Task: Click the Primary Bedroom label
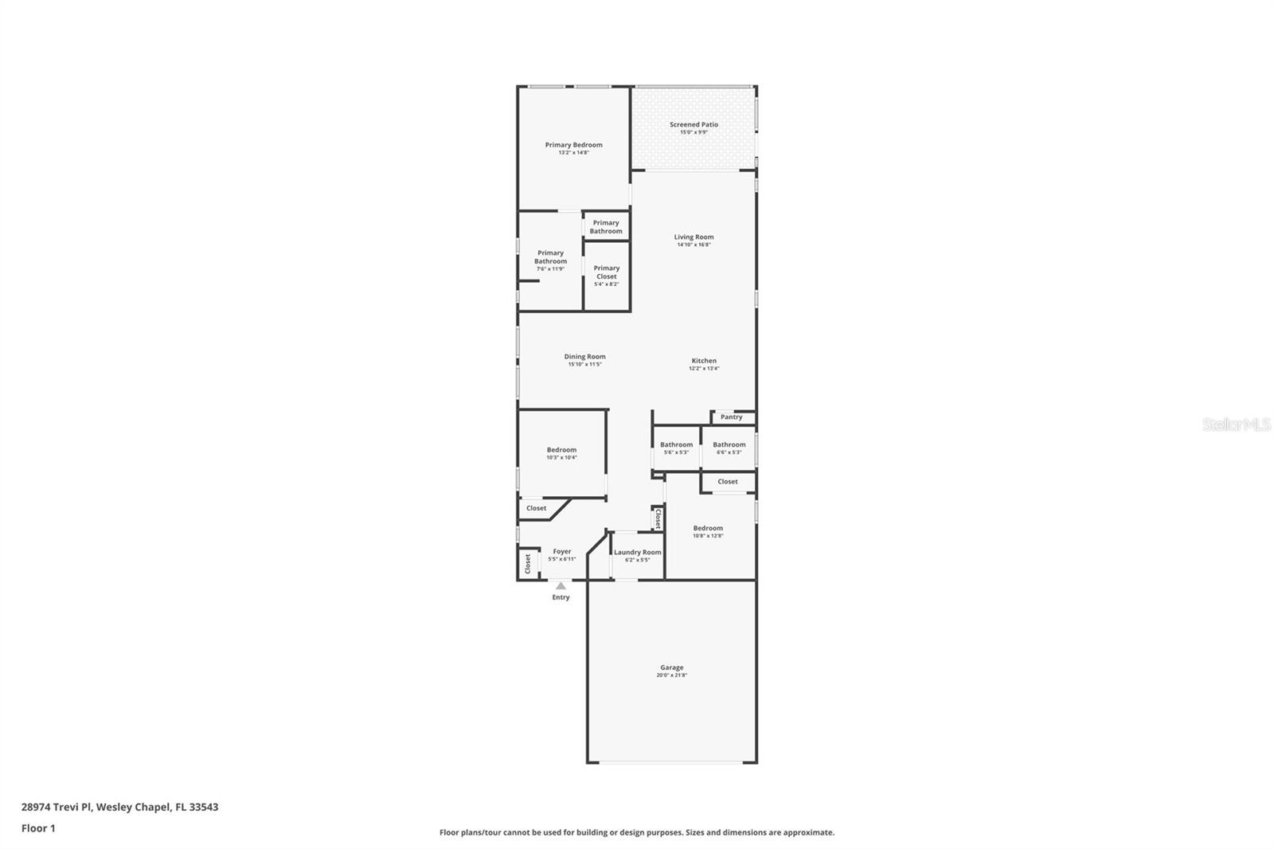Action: (573, 145)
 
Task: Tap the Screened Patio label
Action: (694, 124)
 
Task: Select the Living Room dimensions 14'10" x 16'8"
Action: (694, 245)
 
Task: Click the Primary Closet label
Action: (606, 272)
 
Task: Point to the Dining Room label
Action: (584, 357)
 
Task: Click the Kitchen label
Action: (703, 361)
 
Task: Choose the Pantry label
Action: (731, 417)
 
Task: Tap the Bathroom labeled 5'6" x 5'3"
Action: (676, 445)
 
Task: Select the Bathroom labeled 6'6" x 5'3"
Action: (729, 445)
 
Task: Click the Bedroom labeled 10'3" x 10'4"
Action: (561, 450)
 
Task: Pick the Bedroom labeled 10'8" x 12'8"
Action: (707, 528)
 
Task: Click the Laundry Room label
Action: (637, 552)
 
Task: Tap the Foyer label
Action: (561, 551)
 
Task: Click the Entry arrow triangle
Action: (561, 586)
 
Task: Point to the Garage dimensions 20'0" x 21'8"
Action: (671, 675)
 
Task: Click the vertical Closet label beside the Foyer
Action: (527, 563)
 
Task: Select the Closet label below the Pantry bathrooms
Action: (727, 482)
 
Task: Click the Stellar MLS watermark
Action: (1236, 425)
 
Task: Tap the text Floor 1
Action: (38, 828)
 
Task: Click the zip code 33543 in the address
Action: (204, 807)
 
